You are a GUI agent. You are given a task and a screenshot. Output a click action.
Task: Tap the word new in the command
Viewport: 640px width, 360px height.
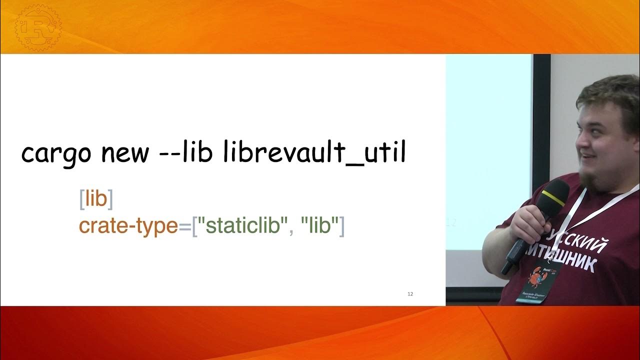tap(125, 153)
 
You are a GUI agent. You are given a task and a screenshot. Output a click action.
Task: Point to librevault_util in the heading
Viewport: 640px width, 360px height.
tap(314, 153)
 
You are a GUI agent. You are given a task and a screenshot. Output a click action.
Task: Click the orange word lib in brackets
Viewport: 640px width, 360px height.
tap(96, 199)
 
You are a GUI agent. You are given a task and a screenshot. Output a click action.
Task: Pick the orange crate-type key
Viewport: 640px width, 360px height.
tap(128, 226)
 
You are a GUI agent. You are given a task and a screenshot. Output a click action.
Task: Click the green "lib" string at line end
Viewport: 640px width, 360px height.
tap(317, 226)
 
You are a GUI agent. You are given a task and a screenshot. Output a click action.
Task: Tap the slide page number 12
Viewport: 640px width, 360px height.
tap(410, 293)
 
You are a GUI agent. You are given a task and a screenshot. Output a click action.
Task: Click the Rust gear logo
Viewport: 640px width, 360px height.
tap(37, 27)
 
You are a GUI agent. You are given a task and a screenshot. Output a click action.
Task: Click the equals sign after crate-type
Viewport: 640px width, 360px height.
tap(185, 226)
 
